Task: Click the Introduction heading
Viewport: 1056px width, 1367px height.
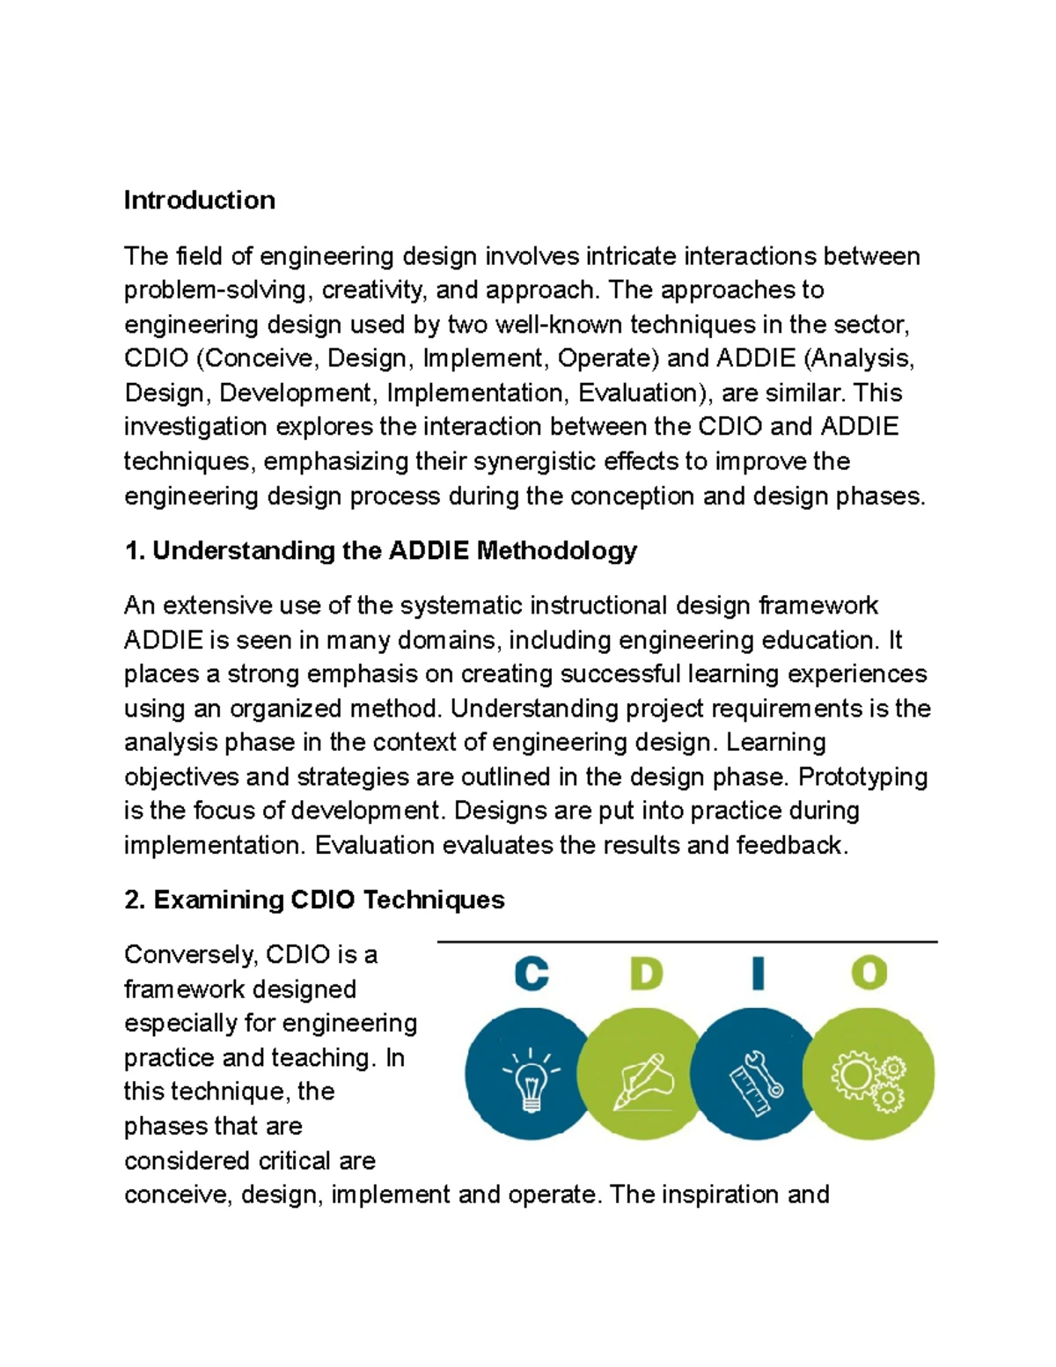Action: pos(199,200)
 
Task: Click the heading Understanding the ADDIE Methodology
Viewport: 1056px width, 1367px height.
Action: pos(380,551)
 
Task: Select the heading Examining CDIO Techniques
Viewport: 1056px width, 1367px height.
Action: pos(314,900)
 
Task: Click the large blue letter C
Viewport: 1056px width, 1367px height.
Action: pos(532,974)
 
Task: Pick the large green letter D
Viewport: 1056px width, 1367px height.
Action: pos(645,974)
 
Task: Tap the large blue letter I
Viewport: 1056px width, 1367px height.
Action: pos(758,974)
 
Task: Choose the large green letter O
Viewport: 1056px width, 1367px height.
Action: pos(869,974)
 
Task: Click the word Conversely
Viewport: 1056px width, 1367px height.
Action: pos(190,955)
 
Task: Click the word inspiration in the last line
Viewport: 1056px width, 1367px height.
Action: pos(727,1194)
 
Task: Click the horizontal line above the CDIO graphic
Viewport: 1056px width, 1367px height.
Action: pos(686,942)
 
